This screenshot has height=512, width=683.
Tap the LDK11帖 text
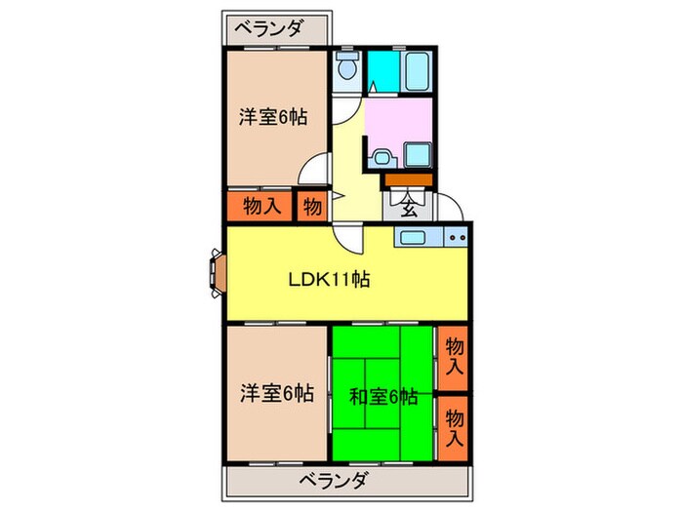click(x=328, y=280)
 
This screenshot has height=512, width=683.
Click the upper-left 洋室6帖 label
click(x=274, y=117)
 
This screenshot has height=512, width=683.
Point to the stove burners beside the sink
click(x=456, y=237)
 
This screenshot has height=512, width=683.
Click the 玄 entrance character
click(x=409, y=206)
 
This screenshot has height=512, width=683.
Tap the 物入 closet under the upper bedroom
click(x=261, y=206)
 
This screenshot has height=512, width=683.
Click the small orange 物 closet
click(x=311, y=207)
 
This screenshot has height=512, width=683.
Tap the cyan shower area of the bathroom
click(x=382, y=68)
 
